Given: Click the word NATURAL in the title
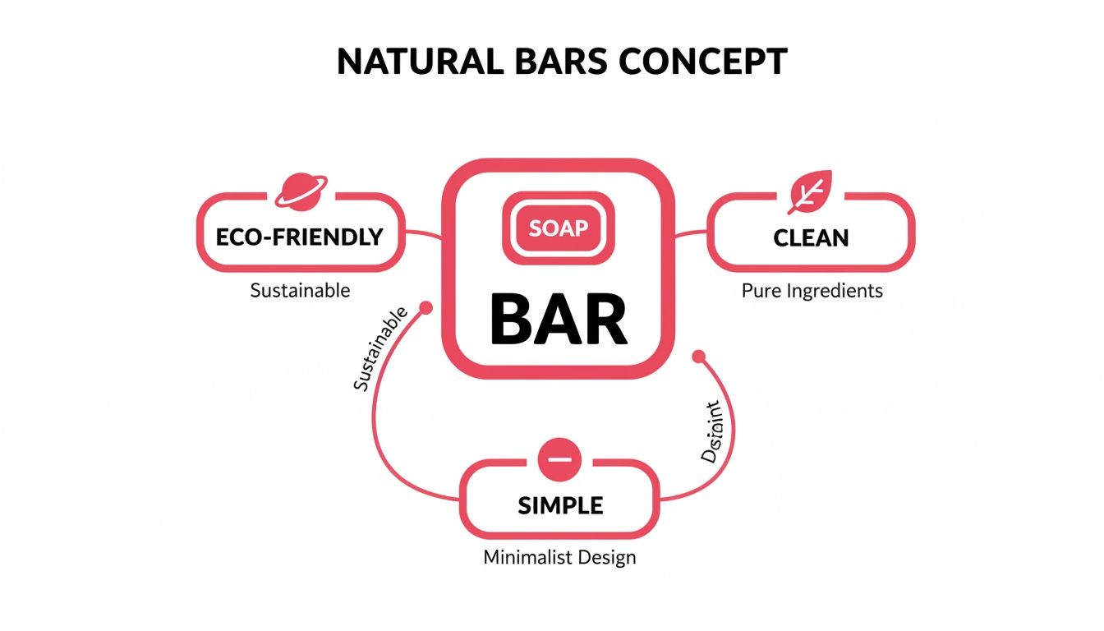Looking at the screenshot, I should pyautogui.click(x=411, y=62).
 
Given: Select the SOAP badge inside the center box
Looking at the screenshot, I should pyautogui.click(x=559, y=228).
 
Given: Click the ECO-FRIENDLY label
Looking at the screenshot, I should pyautogui.click(x=299, y=237).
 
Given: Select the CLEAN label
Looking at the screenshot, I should pyautogui.click(x=811, y=238).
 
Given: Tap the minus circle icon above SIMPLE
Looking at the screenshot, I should pyautogui.click(x=559, y=458).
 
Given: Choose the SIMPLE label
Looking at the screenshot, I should pyautogui.click(x=560, y=505).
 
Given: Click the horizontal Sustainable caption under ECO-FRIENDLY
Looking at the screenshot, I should pyautogui.click(x=300, y=290).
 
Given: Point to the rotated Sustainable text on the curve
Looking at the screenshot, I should pyautogui.click(x=379, y=349).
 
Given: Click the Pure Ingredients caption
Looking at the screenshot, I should pyautogui.click(x=812, y=290).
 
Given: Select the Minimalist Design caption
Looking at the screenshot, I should pyautogui.click(x=559, y=557).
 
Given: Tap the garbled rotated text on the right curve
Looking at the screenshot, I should pyautogui.click(x=711, y=432).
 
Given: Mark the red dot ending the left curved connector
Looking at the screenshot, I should pyautogui.click(x=425, y=309).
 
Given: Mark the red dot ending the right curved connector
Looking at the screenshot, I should pyautogui.click(x=699, y=357).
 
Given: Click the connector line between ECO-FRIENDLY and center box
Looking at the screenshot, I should pyautogui.click(x=423, y=235).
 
